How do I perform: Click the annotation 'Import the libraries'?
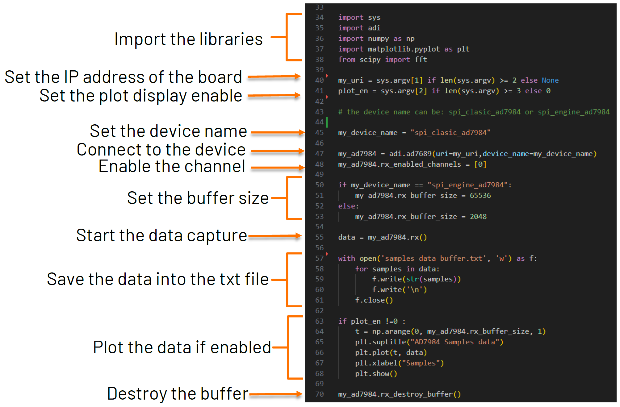pyautogui.click(x=188, y=39)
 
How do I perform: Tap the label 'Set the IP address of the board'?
pyautogui.click(x=123, y=77)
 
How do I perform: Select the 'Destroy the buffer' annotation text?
pyautogui.click(x=178, y=394)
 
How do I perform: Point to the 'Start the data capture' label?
pyautogui.click(x=161, y=236)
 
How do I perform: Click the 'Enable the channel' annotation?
pyautogui.click(x=172, y=167)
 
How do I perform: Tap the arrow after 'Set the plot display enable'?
pyautogui.click(x=274, y=96)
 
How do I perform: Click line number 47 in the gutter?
pyautogui.click(x=319, y=154)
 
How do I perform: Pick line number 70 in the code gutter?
pyautogui.click(x=319, y=394)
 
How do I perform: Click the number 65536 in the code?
pyautogui.click(x=480, y=196)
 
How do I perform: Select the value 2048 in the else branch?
pyautogui.click(x=478, y=217)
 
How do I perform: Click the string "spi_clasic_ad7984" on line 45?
pyautogui.click(x=450, y=133)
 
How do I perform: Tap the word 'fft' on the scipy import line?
pyautogui.click(x=421, y=60)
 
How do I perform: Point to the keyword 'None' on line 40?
pyautogui.click(x=550, y=81)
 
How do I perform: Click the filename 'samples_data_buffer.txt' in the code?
pyautogui.click(x=434, y=259)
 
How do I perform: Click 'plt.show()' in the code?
pyautogui.click(x=376, y=374)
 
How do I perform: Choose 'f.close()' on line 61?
pyautogui.click(x=374, y=300)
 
